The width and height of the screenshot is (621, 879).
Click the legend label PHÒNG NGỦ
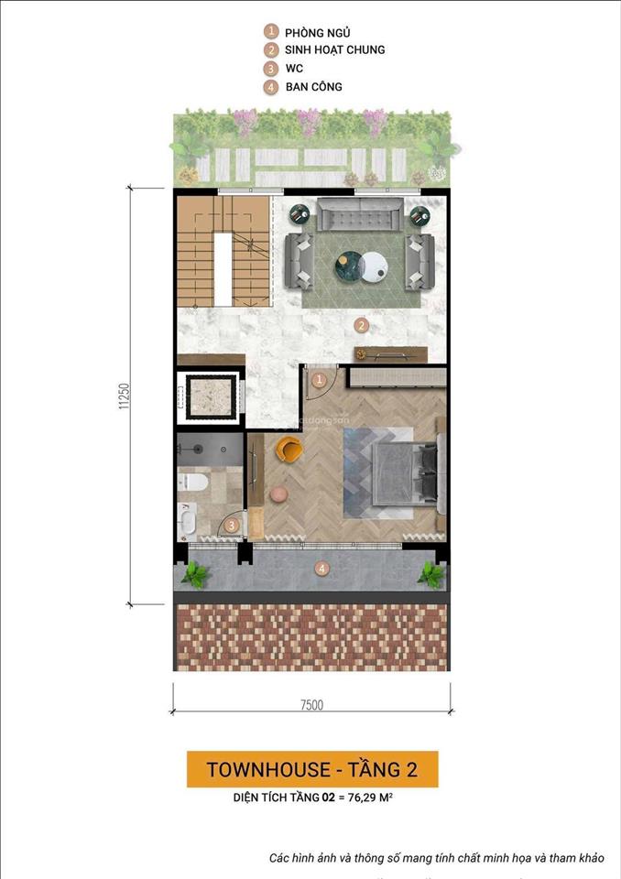[317, 32]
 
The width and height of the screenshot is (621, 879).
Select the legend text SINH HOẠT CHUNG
[334, 50]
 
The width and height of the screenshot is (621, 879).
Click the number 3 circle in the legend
[270, 69]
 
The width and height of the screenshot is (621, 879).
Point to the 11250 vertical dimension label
[123, 396]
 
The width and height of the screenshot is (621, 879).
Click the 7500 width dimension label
[310, 704]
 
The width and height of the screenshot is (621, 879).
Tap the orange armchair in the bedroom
[289, 450]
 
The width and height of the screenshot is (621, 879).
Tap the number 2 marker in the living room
[362, 324]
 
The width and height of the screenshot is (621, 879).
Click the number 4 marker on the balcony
[321, 569]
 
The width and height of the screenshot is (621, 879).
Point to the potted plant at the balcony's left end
[194, 575]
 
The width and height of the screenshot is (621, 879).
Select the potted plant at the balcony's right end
[430, 574]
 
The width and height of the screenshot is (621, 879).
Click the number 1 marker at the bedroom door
[319, 379]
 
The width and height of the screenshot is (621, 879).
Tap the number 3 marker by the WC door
[233, 525]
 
